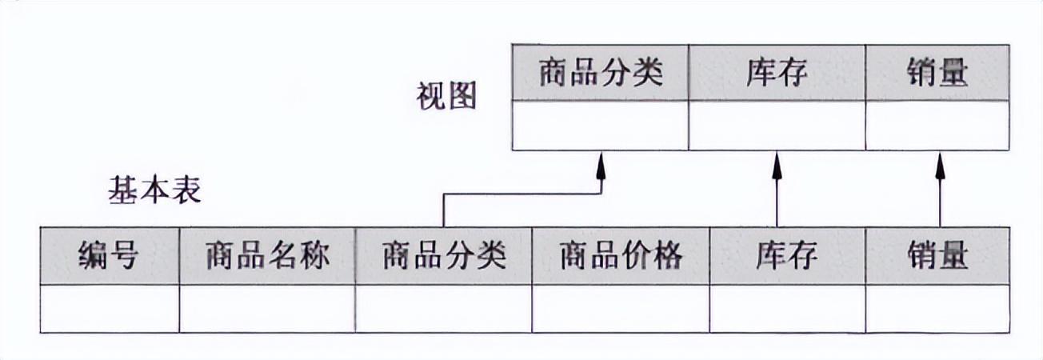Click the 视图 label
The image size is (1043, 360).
coord(446,96)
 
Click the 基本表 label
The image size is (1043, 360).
coord(154,191)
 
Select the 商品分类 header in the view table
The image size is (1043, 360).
coord(600,73)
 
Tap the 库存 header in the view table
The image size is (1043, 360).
coord(776,73)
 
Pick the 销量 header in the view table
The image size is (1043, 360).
coord(937,73)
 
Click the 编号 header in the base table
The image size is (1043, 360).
coord(109,256)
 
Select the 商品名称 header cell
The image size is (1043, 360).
coord(267,256)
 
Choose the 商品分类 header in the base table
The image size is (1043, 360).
coord(444,256)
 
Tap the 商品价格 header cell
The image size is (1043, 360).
coord(621,256)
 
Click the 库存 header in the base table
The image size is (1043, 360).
coord(787,256)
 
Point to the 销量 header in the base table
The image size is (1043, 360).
coord(937,256)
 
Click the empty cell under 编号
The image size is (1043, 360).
coord(109,309)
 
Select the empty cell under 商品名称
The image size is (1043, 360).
coord(267,309)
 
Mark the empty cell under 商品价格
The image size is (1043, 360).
coord(621,309)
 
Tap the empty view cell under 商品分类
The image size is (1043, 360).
coord(600,126)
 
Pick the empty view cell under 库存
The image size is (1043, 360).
coord(776,126)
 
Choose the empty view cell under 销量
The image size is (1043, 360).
coord(937,126)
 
